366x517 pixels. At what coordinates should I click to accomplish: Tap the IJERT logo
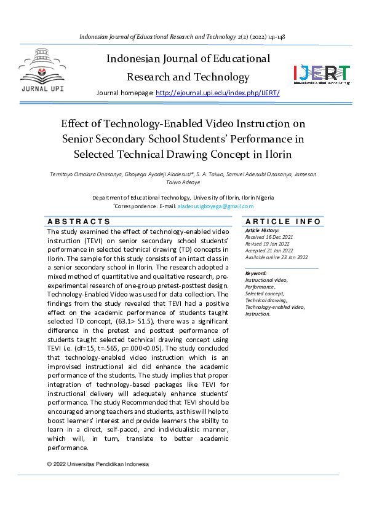322,74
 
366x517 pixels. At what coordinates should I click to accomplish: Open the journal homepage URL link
218,93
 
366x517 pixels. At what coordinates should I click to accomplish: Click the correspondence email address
215,206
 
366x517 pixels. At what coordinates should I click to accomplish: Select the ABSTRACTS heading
79,222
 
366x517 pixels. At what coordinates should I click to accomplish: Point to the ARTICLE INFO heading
283,222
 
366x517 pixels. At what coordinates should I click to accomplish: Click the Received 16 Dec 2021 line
269,236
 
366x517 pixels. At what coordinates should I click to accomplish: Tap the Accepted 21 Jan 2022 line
269,250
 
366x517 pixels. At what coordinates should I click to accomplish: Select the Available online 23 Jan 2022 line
276,257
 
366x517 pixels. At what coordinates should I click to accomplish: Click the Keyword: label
256,273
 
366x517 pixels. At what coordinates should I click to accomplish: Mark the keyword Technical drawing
266,300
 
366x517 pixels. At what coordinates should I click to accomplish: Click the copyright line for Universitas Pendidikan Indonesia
98,464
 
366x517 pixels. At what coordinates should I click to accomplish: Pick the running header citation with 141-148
182,37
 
